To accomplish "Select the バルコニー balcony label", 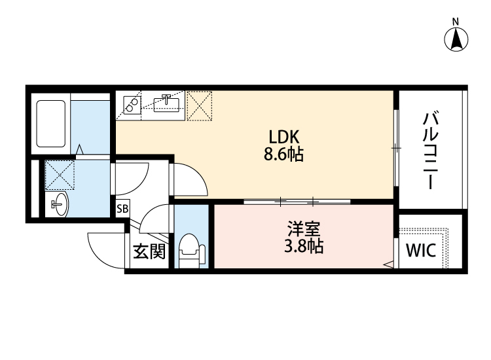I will coord(430,150).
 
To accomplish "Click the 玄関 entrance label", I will coord(149,251).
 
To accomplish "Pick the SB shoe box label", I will coord(122,209).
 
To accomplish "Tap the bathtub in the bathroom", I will coord(52,123).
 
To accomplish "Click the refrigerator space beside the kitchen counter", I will coord(200,106).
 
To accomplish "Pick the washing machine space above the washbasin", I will coord(59,175).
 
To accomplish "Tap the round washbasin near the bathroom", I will coord(59,204).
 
